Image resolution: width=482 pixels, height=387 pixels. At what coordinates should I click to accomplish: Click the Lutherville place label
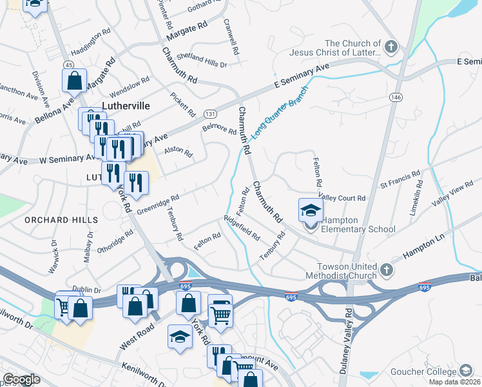[126, 106]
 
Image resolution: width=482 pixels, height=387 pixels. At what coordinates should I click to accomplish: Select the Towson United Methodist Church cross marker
[386, 270]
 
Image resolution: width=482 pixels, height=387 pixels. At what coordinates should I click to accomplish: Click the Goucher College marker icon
[466, 372]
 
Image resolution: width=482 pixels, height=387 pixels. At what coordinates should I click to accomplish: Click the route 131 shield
[210, 114]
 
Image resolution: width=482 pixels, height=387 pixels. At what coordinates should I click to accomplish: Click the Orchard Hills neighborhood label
[61, 220]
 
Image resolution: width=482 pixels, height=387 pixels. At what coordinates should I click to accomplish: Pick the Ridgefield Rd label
[241, 228]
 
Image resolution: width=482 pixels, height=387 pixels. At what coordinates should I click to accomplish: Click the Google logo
[21, 379]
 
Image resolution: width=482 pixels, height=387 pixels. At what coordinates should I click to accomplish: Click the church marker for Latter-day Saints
[391, 46]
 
